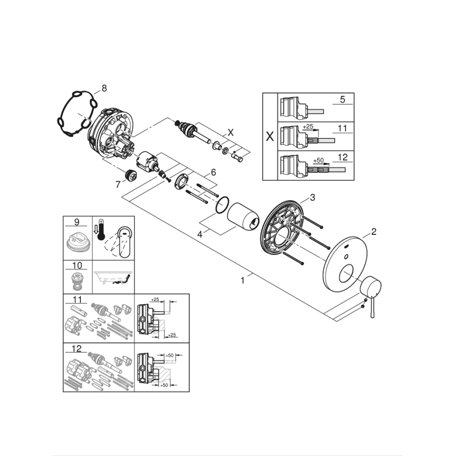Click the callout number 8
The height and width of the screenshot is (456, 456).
pos(103,88)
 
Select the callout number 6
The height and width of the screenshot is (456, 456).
pos(213,172)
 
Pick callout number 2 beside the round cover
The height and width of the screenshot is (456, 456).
pos(374,231)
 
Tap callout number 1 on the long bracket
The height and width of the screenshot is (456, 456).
pos(242,281)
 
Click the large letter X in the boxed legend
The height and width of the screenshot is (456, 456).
pos(270,137)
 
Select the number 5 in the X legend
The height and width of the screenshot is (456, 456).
pos(342,99)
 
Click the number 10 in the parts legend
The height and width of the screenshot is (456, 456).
pos(77,266)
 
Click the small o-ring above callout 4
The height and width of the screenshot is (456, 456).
pos(223,205)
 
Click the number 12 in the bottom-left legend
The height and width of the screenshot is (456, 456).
pos(77,348)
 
